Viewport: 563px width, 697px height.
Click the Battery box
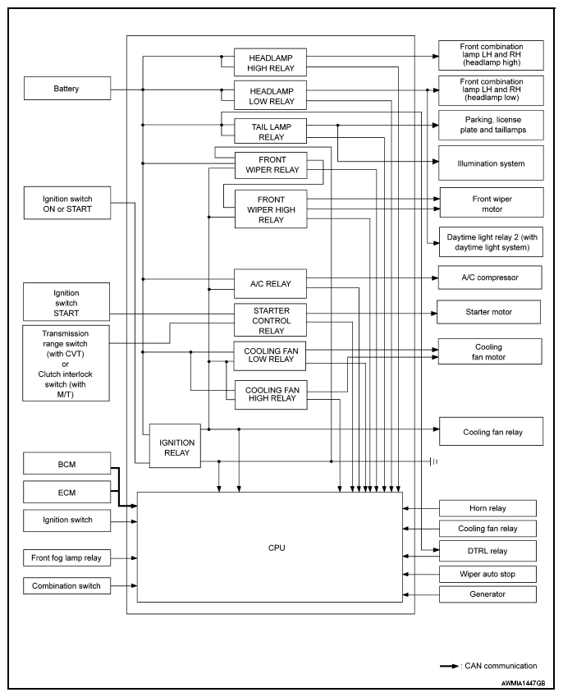(66, 89)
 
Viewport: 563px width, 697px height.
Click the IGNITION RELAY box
(176, 447)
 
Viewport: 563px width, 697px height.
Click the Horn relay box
(487, 508)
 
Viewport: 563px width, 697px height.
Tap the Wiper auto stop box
(487, 573)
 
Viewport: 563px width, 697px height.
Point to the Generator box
(487, 594)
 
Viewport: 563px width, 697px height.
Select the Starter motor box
(487, 312)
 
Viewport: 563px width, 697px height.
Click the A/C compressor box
(490, 277)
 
